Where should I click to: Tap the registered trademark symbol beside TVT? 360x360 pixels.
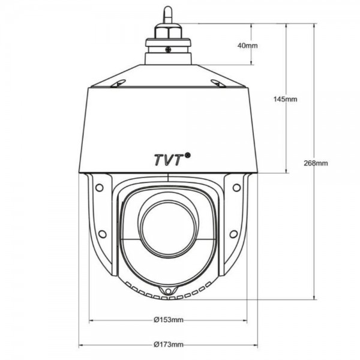pos(188,154)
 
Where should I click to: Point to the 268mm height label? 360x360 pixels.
pos(316,163)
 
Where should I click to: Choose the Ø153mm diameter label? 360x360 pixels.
pos(168,320)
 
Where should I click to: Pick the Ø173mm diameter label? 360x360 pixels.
pos(168,344)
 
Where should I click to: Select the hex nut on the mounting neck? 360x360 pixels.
pos(168,31)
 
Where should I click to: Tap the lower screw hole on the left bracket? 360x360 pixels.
pos(101,233)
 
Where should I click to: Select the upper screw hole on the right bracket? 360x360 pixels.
pos(236,185)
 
